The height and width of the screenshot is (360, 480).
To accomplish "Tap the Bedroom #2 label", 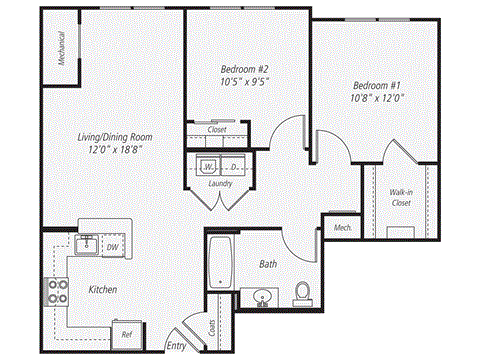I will coord(244,69).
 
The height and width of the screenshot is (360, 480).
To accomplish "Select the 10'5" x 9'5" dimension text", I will coord(244,84).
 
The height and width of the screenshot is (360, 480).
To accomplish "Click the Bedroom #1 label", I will coord(377,85).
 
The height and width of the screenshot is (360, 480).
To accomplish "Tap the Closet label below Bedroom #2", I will coord(217,130).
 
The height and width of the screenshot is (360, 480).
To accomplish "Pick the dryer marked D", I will coord(234,165).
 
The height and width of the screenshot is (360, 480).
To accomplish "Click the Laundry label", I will coord(220,184).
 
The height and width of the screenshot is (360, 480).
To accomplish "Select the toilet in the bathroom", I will coord(302,293).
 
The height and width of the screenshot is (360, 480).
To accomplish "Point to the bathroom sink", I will coord(264,297).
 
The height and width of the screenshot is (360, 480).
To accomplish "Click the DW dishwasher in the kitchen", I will coord(113,246).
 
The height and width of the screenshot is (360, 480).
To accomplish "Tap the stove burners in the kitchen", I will coord(53,291).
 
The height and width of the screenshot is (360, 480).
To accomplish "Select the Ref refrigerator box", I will coord(127,334).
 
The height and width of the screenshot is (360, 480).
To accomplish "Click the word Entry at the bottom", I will coord(176,346).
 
